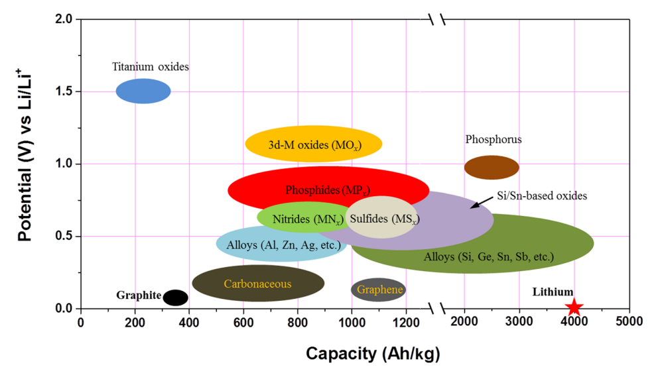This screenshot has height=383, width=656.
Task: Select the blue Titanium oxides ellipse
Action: click(143, 91)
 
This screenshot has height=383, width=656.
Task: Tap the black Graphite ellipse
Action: click(175, 298)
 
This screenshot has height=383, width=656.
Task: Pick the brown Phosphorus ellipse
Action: click(491, 168)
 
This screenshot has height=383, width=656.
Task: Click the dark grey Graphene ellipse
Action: click(378, 290)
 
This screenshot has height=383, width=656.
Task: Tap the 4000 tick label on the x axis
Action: click(574, 322)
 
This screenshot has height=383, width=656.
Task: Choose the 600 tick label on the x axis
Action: click(243, 322)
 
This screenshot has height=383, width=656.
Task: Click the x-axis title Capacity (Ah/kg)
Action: click(372, 354)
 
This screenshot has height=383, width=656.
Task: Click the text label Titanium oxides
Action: click(151, 67)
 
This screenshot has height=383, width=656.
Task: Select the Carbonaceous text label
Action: click(257, 284)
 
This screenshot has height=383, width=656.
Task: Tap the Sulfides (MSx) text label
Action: click(384, 219)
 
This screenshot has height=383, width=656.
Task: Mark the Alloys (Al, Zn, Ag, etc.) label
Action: click(283, 245)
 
